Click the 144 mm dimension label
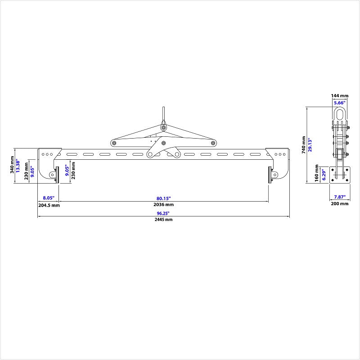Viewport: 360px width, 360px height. click(x=340, y=96)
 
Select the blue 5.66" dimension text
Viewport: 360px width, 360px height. click(x=340, y=103)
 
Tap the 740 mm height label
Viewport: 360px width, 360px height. click(x=304, y=145)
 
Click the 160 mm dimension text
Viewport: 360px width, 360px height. click(x=317, y=175)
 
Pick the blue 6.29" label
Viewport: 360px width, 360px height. click(x=324, y=175)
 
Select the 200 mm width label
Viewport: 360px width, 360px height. click(x=340, y=204)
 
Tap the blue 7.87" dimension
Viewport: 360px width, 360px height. click(x=340, y=197)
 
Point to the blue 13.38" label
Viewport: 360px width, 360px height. click(x=18, y=166)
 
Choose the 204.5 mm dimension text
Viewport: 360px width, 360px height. click(x=48, y=205)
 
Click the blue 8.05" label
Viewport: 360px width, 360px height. click(x=48, y=198)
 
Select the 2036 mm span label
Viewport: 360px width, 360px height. click(x=164, y=205)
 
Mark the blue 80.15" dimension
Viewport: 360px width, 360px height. click(x=164, y=198)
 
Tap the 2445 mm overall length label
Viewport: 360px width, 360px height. click(x=164, y=220)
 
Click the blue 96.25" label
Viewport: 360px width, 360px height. click(x=164, y=213)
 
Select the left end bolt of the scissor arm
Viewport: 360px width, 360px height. click(x=114, y=144)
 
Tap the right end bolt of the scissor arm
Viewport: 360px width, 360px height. click(x=212, y=144)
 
